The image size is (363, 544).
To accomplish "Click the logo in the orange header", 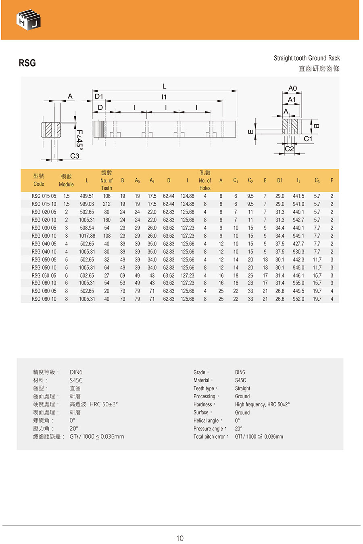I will point(29,20).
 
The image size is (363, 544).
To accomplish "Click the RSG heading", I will point(27,63).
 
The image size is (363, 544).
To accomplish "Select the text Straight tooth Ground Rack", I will point(307,58).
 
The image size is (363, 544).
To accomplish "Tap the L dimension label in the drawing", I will point(164,86).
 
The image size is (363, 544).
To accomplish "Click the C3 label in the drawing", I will point(75,156).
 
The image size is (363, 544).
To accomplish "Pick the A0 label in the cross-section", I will point(292,88).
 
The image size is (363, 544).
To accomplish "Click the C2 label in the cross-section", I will point(289,149).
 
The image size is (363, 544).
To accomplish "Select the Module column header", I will point(66,180).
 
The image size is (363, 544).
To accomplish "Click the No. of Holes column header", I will point(205,180).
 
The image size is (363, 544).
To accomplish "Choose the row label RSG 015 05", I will point(44,196).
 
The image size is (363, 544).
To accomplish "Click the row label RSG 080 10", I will point(44,299).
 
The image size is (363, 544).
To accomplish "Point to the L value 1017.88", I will point(87,236).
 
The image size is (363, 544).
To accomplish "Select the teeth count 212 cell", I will point(106,204).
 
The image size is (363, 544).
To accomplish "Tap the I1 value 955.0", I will point(298,283).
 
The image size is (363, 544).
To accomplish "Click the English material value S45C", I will point(240,380).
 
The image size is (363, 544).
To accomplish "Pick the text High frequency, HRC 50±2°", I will point(262,404).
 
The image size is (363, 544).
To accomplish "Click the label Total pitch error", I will point(209,437).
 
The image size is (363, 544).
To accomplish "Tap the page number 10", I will point(180,538).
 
